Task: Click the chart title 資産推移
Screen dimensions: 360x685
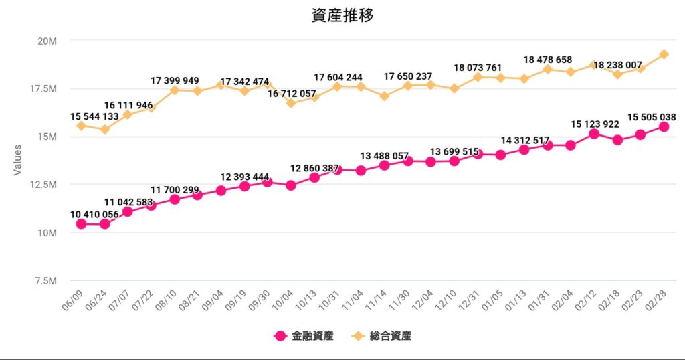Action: [342, 15]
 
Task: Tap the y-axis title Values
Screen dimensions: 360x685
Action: [19, 161]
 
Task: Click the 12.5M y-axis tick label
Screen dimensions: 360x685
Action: [43, 185]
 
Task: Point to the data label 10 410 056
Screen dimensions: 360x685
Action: [94, 214]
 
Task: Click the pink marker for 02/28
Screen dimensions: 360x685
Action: [664, 127]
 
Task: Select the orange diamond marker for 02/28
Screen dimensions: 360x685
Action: [664, 54]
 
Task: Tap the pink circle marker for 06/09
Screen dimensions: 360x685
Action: [81, 224]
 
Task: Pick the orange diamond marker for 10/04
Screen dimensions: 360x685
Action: [290, 103]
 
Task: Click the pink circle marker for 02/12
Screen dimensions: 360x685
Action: [593, 134]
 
